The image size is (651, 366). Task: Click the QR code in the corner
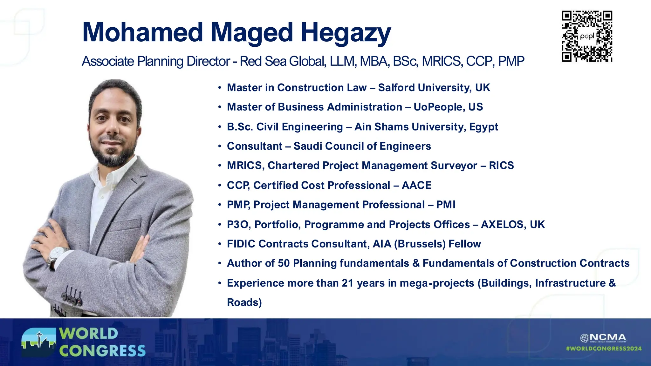tap(587, 36)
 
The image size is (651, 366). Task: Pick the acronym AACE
tap(416, 185)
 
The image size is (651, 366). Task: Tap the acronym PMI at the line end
tap(446, 205)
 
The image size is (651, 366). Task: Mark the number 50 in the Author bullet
tap(284, 263)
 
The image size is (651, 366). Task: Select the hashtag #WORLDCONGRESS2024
tap(604, 349)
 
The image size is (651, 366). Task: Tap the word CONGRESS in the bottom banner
tap(102, 351)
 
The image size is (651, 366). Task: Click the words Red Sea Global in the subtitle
tap(283, 61)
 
